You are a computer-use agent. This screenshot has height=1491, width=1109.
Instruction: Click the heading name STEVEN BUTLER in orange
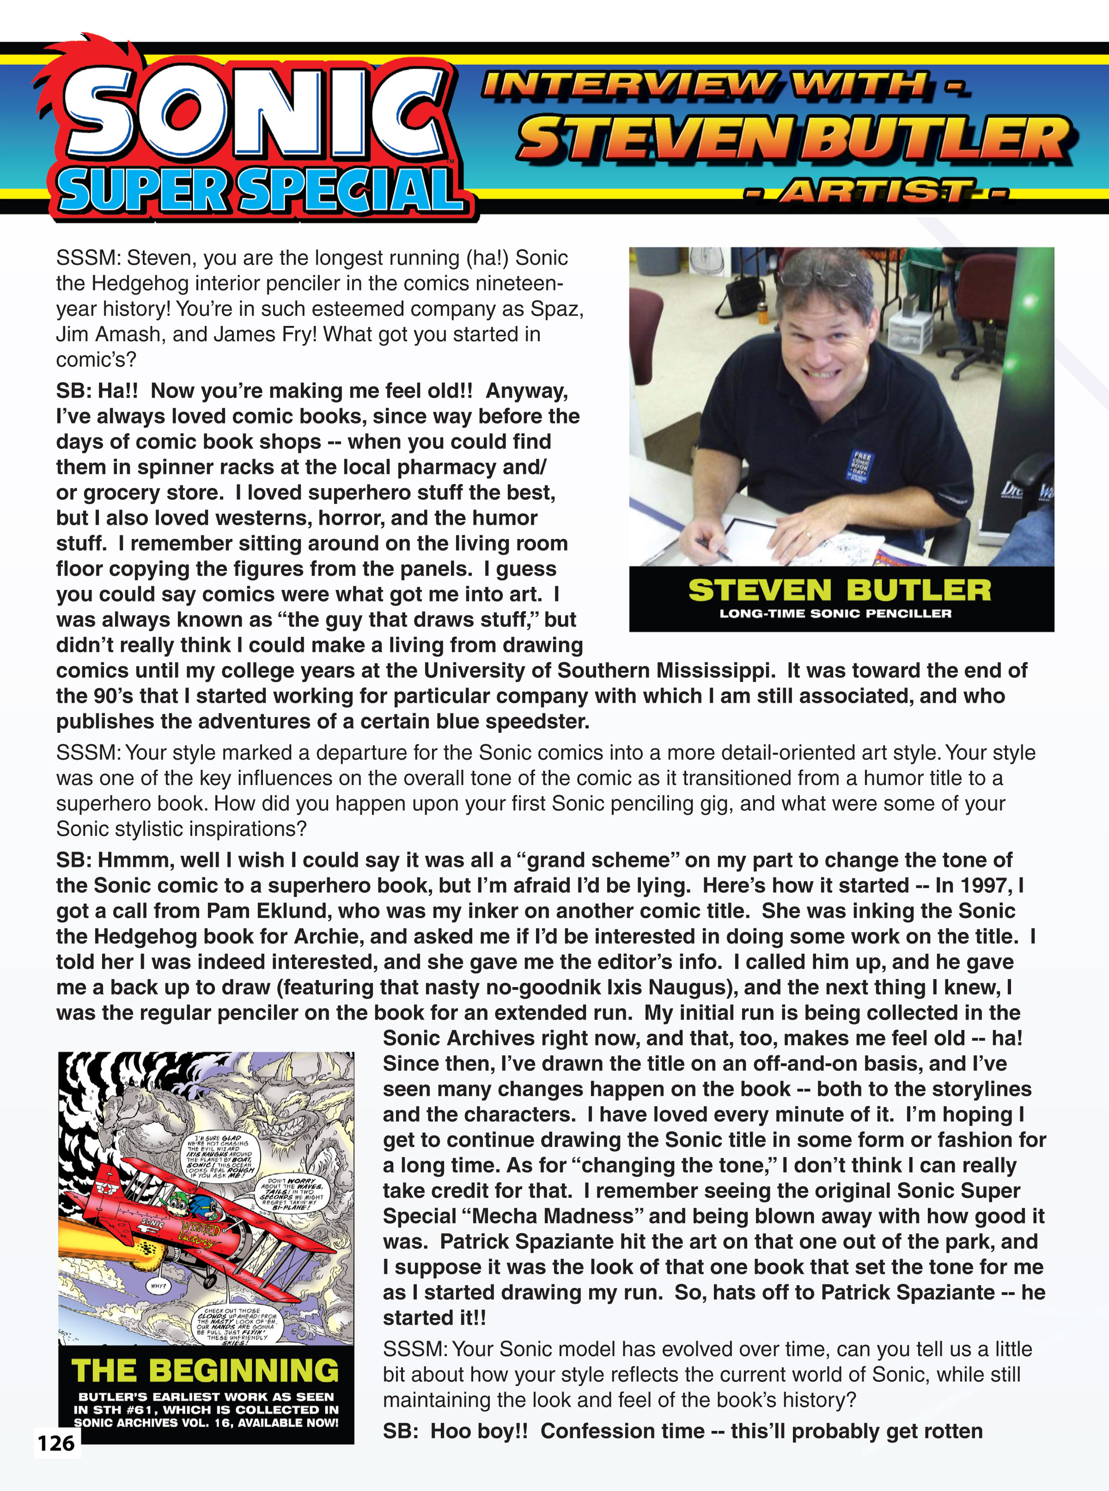795,139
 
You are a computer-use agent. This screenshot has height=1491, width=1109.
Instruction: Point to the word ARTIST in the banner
876,192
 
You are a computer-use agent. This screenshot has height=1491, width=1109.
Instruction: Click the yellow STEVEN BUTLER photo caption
840,590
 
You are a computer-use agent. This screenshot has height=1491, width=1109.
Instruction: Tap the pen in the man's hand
713,549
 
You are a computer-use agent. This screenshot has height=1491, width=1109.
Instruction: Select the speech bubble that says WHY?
159,1286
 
